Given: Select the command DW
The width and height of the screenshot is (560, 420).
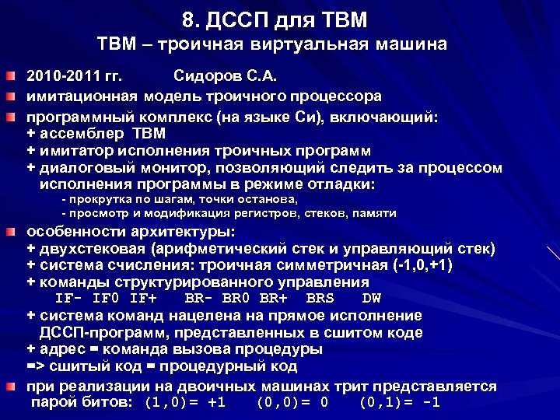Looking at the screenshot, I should tap(372, 298).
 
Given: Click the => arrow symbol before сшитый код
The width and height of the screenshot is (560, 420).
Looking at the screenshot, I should tap(35, 366).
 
